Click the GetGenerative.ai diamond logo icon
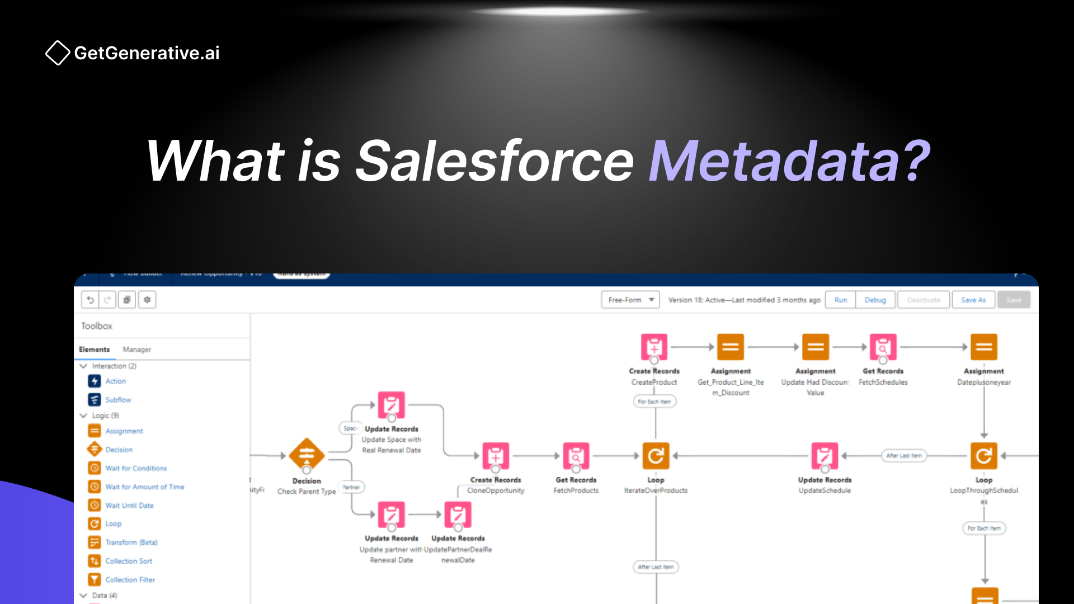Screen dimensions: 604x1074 click(x=58, y=53)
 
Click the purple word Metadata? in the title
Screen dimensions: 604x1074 click(x=789, y=162)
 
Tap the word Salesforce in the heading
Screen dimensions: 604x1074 click(x=494, y=162)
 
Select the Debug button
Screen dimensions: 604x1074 click(x=875, y=300)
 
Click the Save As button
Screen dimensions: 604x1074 click(x=973, y=300)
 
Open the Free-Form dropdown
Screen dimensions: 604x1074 click(x=630, y=300)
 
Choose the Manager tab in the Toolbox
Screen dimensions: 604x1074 click(x=137, y=349)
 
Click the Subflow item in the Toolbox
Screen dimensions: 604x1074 click(x=118, y=399)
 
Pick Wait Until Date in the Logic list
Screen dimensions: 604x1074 click(x=129, y=505)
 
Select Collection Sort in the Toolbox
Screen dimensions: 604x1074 click(x=129, y=561)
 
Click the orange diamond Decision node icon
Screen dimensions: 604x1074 click(x=307, y=455)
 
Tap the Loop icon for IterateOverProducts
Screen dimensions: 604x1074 click(x=656, y=456)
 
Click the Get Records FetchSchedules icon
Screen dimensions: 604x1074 click(x=883, y=347)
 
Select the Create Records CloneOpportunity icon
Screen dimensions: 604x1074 click(x=496, y=456)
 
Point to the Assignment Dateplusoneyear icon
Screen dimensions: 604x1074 click(x=983, y=347)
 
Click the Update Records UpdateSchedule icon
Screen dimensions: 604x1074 click(x=825, y=456)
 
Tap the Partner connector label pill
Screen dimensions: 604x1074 click(x=351, y=487)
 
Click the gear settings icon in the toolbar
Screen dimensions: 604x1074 click(x=147, y=300)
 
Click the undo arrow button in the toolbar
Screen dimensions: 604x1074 click(x=90, y=300)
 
